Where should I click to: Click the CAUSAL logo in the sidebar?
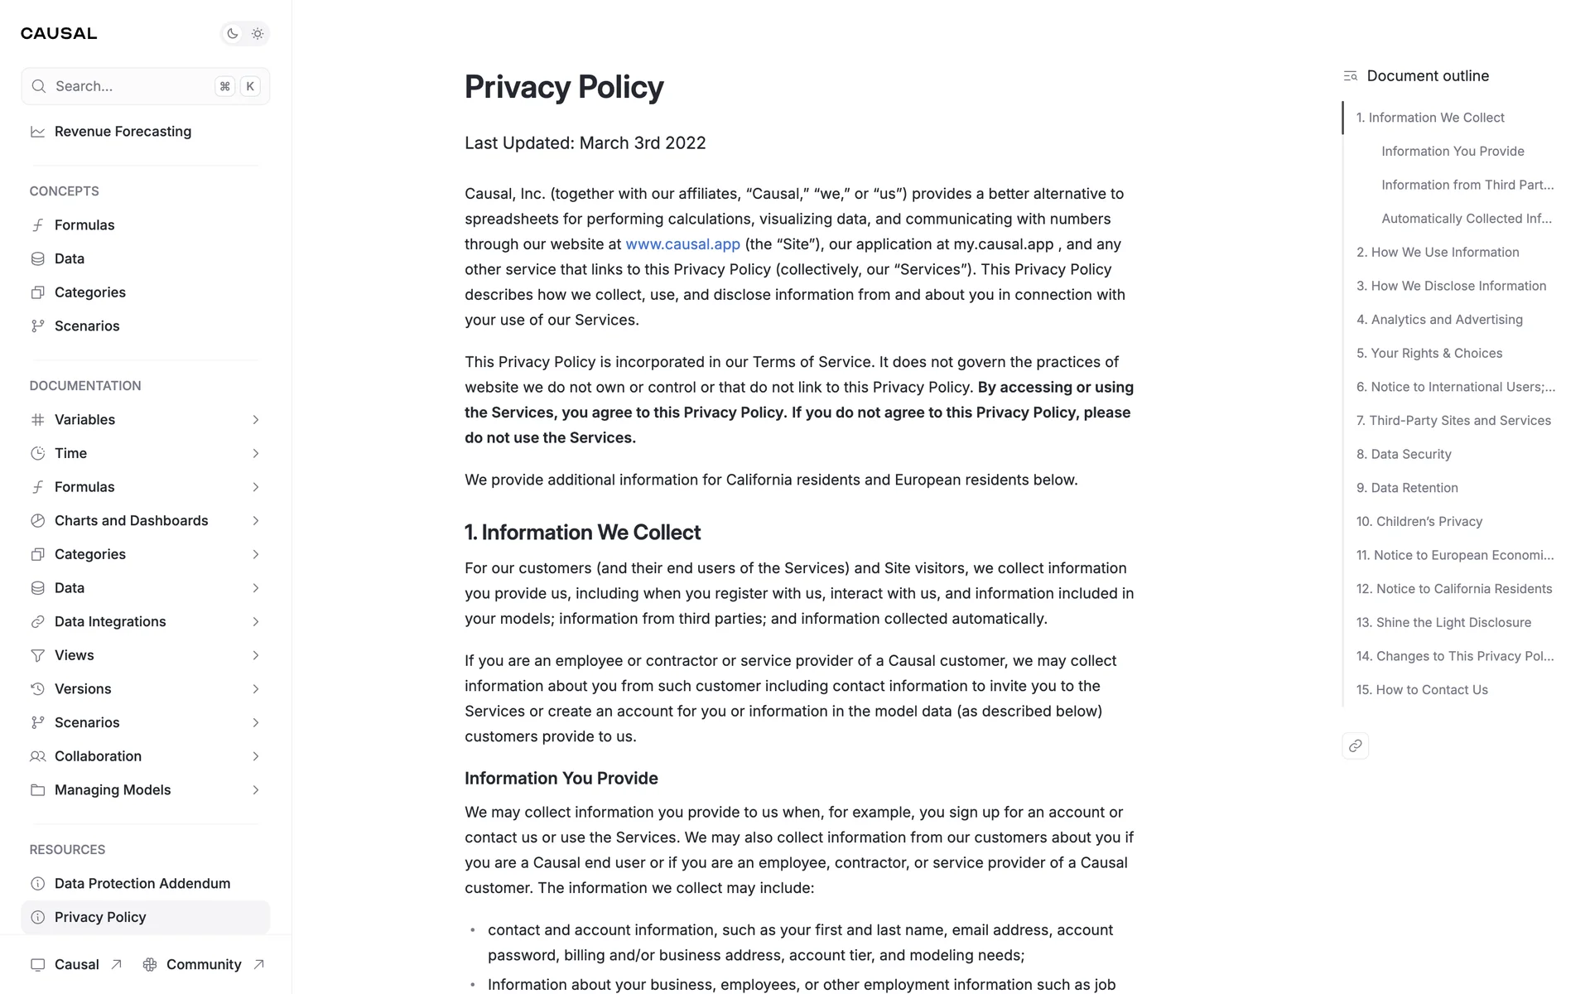59,33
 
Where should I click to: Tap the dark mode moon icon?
233,34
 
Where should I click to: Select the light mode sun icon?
258,34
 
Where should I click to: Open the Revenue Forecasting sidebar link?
123,132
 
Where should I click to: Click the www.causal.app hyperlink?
682,244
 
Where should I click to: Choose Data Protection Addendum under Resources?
142,884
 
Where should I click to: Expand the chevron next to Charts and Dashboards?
256,521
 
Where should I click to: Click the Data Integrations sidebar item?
110,622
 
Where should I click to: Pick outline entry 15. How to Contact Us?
1422,690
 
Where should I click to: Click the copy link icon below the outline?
1355,746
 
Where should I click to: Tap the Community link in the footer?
204,965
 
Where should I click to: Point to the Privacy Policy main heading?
564,87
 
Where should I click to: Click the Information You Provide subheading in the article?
561,779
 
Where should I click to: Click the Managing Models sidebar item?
113,790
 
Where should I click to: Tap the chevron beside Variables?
256,420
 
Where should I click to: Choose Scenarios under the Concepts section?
87,326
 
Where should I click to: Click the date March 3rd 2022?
643,143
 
